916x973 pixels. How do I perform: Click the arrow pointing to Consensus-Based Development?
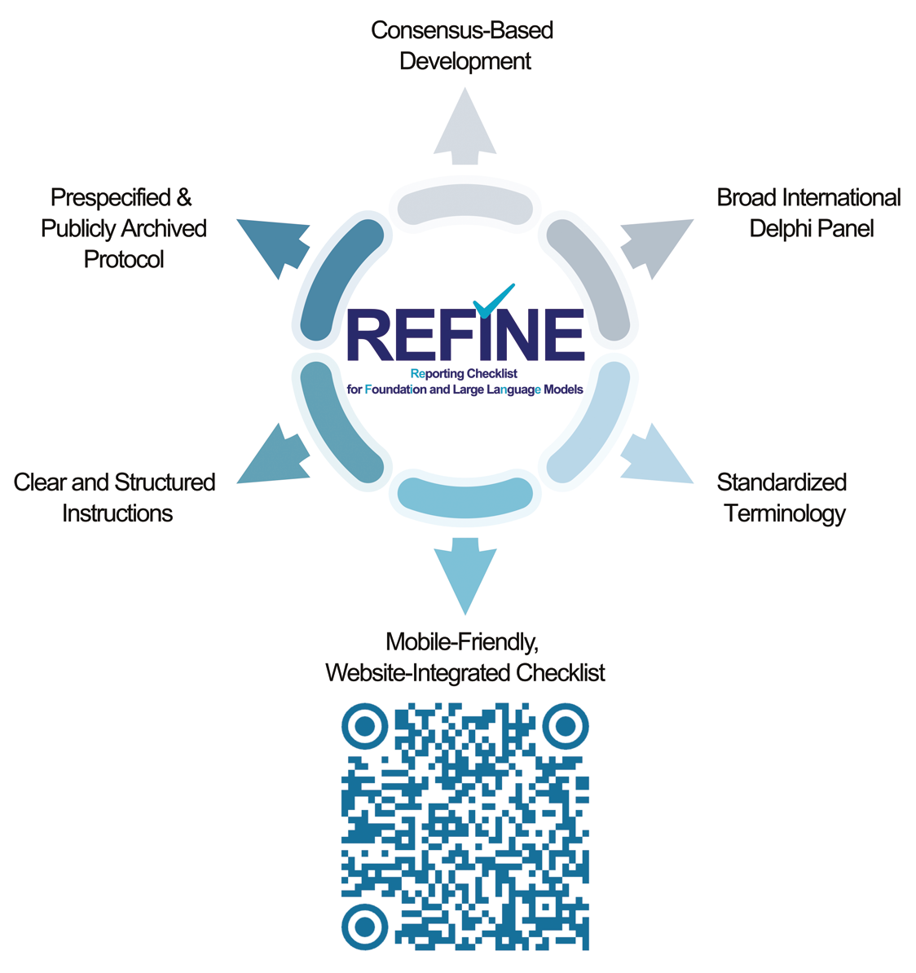(x=465, y=127)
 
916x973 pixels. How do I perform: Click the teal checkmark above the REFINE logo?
(x=493, y=301)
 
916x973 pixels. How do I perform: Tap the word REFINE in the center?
(x=465, y=334)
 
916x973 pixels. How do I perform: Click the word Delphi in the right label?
(x=780, y=229)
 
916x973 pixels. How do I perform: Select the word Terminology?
(x=785, y=514)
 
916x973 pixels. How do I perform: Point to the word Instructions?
(x=117, y=513)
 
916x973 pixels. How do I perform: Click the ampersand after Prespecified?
(x=184, y=197)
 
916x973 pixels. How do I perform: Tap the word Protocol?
(x=124, y=259)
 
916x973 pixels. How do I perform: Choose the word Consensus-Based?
(x=462, y=30)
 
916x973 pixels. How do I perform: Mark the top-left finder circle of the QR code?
(x=365, y=726)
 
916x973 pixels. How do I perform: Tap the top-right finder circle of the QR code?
(x=566, y=726)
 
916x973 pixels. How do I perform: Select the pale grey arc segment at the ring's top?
(x=465, y=200)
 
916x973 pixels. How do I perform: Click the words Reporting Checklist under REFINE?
(x=465, y=373)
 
